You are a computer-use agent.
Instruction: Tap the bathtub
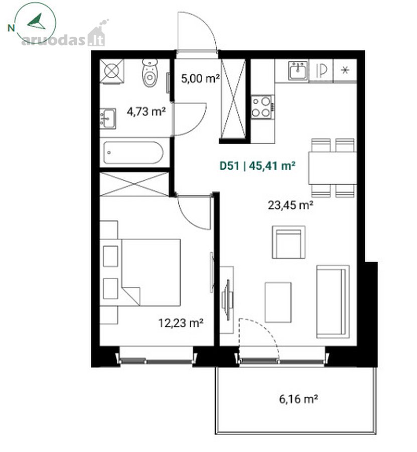pos(133,153)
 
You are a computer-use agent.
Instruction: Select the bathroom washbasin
pos(108,119)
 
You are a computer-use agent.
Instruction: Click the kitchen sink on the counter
pos(298,71)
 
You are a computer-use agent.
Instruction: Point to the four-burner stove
pos(262,106)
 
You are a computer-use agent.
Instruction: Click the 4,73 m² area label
pos(147,111)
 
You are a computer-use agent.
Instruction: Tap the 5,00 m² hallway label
pos(200,78)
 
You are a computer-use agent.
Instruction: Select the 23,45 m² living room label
pos(291,205)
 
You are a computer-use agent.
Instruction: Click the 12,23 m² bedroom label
pos(181,322)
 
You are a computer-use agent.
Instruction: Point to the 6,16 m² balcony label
pos(299,399)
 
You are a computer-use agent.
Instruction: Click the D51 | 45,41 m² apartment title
pos(257,166)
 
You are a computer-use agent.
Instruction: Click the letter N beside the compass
pos(11,28)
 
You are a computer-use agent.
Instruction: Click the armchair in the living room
pos(289,242)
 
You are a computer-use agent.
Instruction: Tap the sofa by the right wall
pos(333,301)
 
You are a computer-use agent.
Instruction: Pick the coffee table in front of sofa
pos(278,302)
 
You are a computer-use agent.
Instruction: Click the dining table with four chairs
pos(333,168)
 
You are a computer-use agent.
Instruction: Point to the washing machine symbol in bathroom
pos(112,71)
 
